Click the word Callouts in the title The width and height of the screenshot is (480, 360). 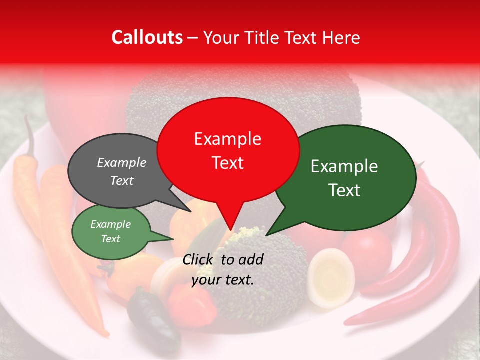pyautogui.click(x=147, y=37)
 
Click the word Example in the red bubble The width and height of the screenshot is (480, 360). pyautogui.click(x=227, y=139)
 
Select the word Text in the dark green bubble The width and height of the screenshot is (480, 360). pyautogui.click(x=345, y=190)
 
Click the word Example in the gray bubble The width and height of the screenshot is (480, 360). pyautogui.click(x=121, y=162)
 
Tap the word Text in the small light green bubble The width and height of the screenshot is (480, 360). pyautogui.click(x=110, y=239)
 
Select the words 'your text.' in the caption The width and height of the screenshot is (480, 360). pyautogui.click(x=223, y=280)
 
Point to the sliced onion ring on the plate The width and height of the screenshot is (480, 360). pyautogui.click(x=330, y=277)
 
